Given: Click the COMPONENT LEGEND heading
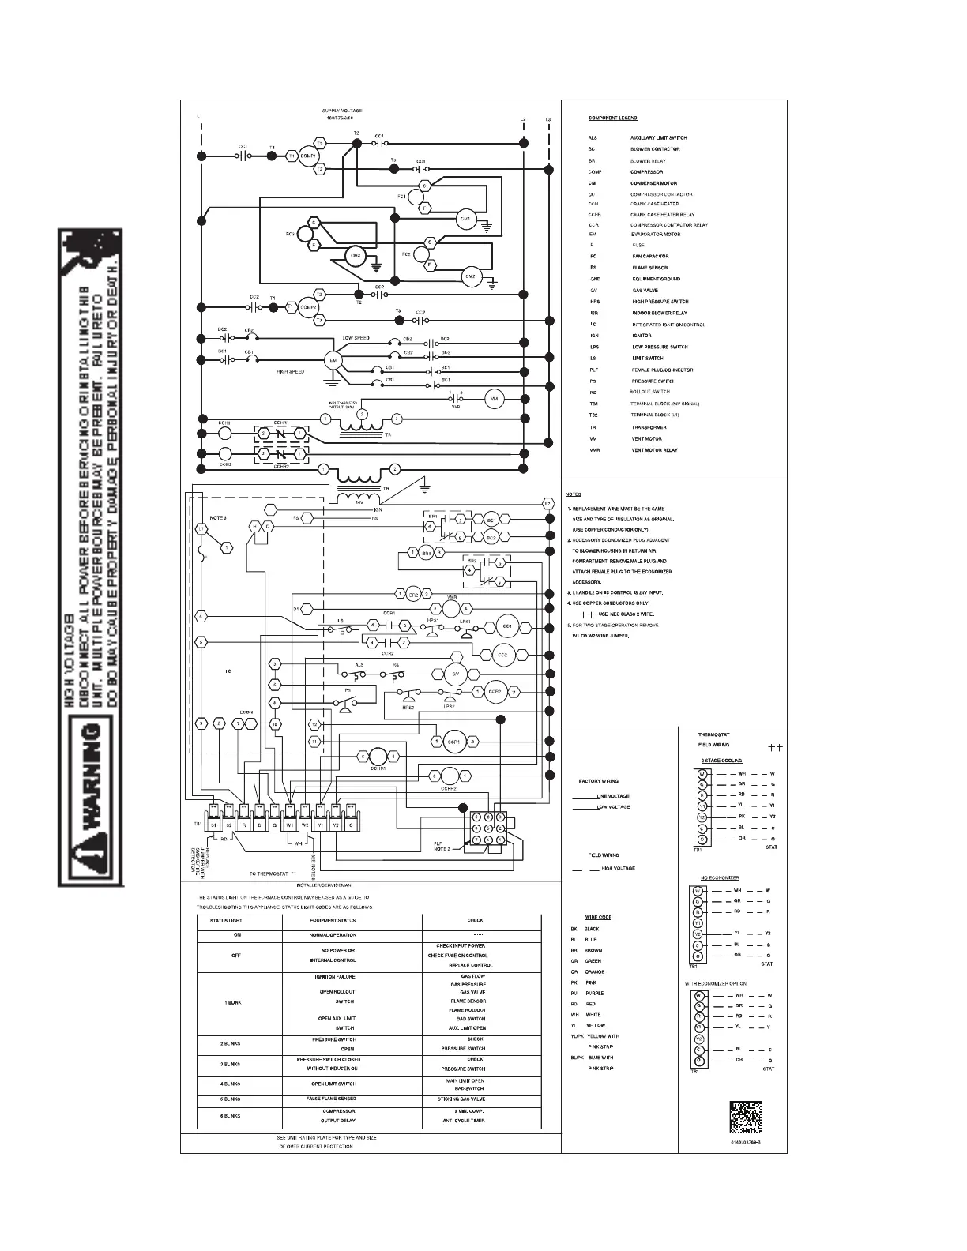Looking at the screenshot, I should (x=612, y=118).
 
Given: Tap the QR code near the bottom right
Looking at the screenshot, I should (x=745, y=1116).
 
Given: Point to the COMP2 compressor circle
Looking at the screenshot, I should (x=308, y=307).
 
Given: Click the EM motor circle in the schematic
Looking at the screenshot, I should (x=332, y=360).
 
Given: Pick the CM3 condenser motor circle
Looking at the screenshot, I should (x=355, y=256).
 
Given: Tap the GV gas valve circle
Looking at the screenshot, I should (x=455, y=674).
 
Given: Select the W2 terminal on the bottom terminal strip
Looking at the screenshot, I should (x=305, y=825).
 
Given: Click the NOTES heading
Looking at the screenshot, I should (x=573, y=494).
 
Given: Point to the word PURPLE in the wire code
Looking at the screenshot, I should (x=595, y=994).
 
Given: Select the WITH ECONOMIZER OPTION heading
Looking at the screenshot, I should (x=715, y=983).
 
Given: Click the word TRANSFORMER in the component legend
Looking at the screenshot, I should (x=648, y=427).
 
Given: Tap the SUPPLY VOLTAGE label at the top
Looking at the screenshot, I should (x=342, y=111).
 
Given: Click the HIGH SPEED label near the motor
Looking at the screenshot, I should (x=291, y=371).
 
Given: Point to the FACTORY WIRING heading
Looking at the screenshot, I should (x=599, y=781).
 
